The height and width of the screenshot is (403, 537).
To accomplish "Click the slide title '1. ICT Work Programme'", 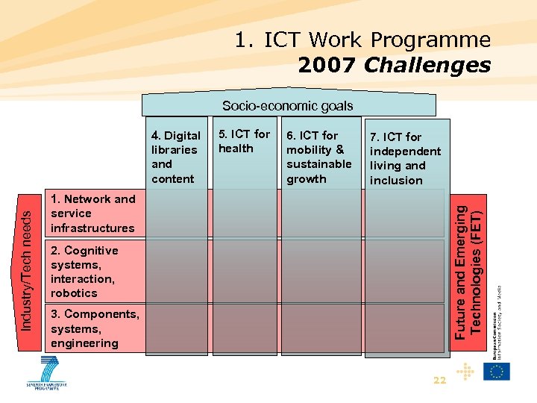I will (x=362, y=40).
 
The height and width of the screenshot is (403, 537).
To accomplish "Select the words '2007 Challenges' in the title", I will (x=394, y=66).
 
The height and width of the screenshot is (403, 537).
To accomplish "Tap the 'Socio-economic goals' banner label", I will (x=287, y=106).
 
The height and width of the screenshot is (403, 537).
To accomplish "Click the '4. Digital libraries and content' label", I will (x=176, y=157).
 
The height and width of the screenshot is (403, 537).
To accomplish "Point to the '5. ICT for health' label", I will (x=244, y=141).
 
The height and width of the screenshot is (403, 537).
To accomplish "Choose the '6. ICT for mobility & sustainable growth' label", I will (x=318, y=157).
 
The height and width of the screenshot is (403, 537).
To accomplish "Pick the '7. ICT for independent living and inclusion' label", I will (x=405, y=158).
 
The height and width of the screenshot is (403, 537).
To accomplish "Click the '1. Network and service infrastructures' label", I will (x=92, y=213).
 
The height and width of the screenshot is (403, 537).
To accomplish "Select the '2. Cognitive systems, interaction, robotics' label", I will (x=84, y=272).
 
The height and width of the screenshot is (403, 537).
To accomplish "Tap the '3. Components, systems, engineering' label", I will (x=94, y=328).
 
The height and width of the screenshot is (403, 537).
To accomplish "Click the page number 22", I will (x=439, y=381).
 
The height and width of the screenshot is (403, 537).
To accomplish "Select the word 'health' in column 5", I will (x=236, y=149).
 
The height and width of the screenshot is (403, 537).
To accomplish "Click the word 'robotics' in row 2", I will (x=74, y=293).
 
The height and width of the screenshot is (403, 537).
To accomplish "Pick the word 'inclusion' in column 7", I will (x=396, y=181).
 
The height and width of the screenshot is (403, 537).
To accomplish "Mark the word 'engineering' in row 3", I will (x=84, y=343).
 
